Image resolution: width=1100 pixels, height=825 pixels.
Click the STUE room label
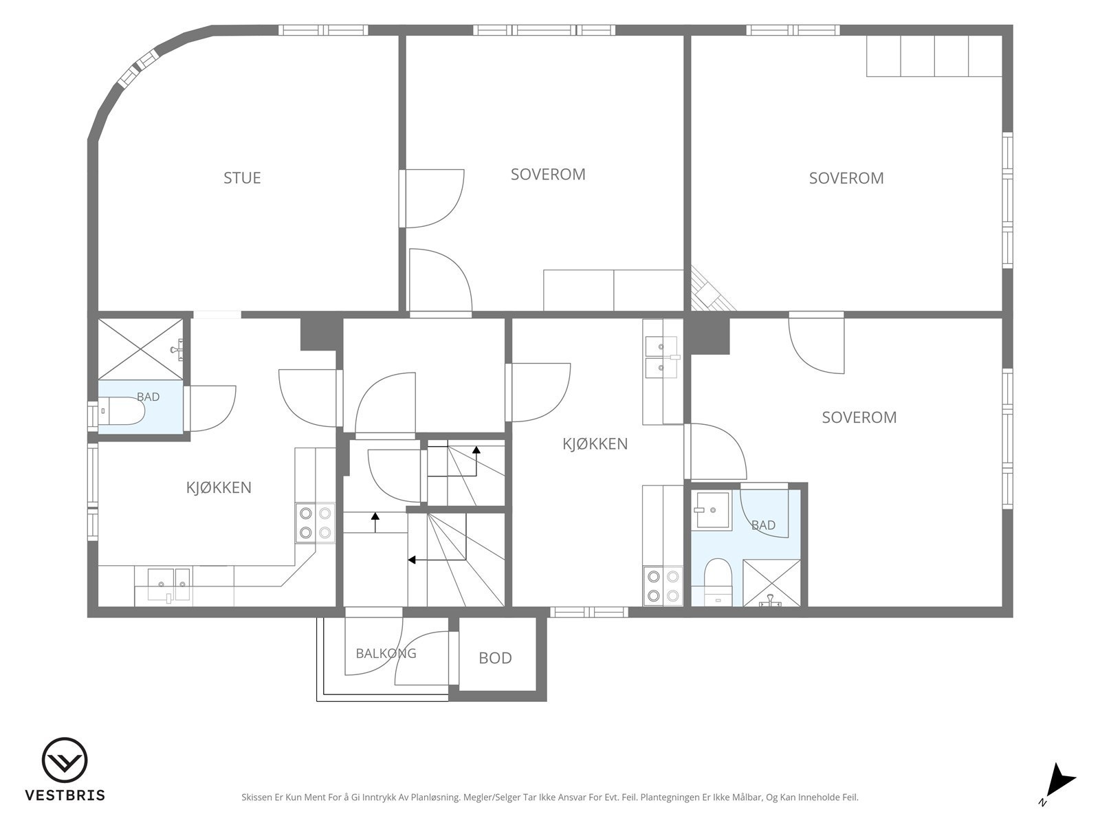point(242,178)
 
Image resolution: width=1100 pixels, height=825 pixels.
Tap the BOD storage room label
point(495,658)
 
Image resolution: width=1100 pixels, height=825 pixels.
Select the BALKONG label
point(386,653)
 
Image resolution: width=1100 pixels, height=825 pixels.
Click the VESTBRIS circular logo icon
point(65,760)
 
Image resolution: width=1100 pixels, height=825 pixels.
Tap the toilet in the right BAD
point(718,582)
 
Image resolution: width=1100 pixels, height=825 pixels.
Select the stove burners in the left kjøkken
point(315,523)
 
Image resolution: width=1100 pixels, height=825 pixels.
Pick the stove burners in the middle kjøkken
point(663,586)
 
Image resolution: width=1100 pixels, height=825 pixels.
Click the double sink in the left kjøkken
point(168,584)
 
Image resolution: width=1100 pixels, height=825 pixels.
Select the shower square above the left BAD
point(140,349)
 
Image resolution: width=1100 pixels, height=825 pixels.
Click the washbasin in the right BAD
point(711,510)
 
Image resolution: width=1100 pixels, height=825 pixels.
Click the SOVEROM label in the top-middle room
point(548,175)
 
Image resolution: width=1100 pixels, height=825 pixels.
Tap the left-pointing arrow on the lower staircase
point(437,560)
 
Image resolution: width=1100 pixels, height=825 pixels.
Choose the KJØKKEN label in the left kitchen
point(219,487)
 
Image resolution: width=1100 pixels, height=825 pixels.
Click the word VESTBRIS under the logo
point(65,795)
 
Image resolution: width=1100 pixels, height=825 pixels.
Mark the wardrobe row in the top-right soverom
point(934,56)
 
